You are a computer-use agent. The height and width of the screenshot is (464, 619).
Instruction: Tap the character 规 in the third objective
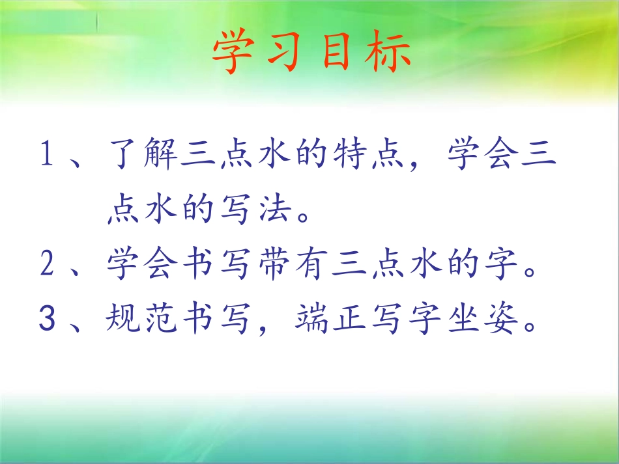tap(125, 320)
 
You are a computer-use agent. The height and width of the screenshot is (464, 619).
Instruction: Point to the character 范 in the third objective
tap(165, 320)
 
